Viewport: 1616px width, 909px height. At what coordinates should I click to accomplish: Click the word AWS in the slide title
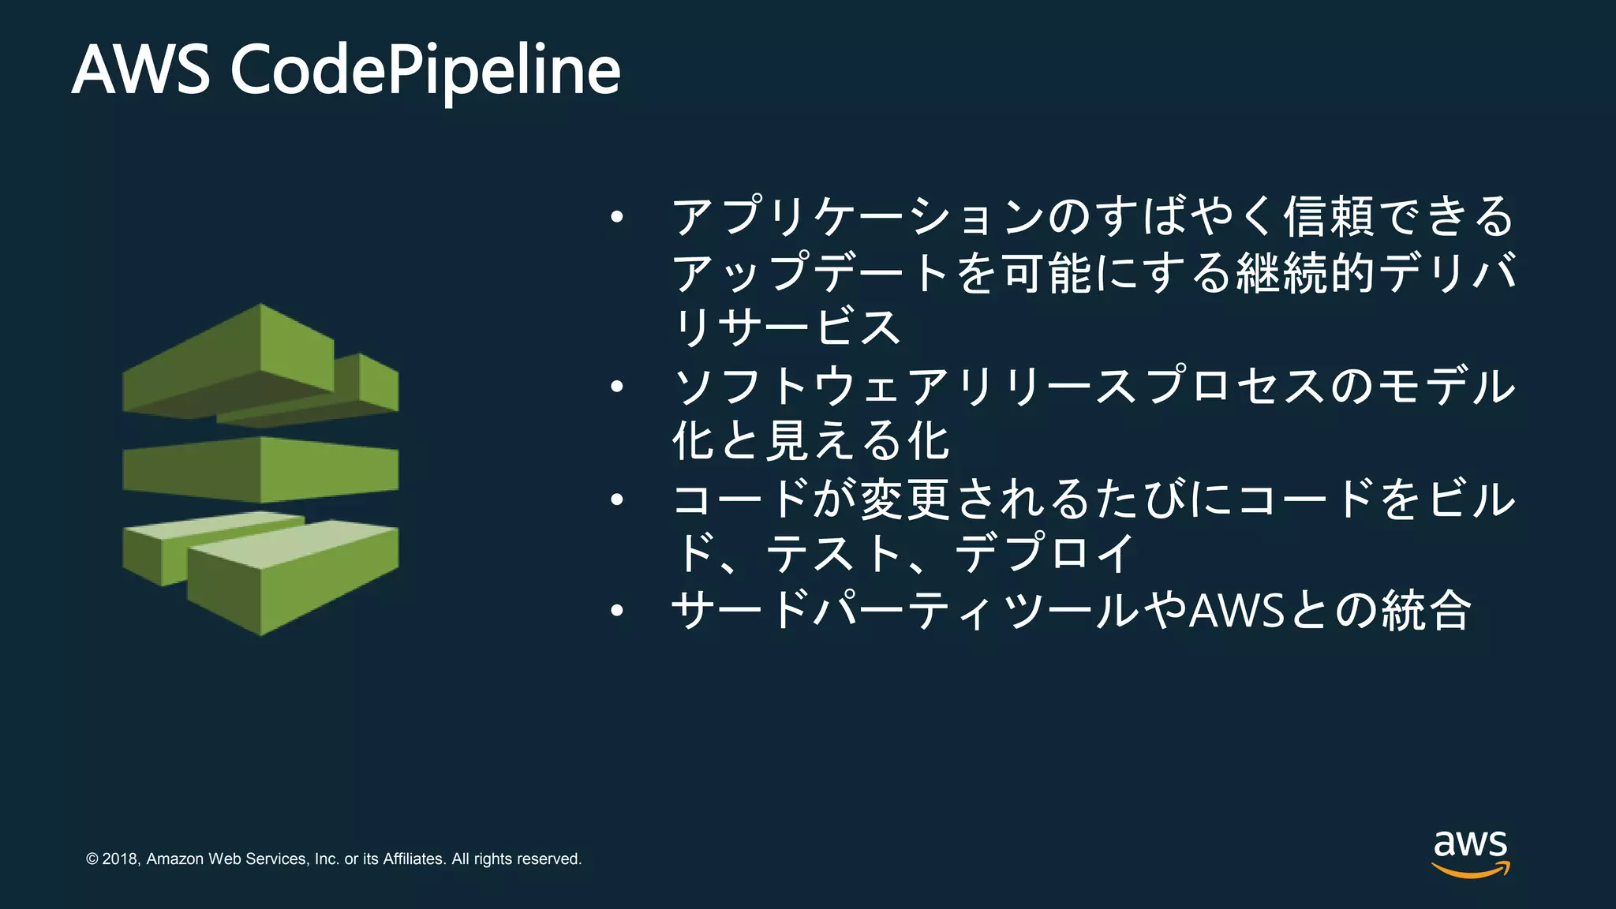tap(141, 70)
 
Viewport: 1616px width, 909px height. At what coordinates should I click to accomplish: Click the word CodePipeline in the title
tap(425, 70)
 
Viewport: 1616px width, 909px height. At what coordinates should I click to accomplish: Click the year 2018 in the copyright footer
tap(121, 858)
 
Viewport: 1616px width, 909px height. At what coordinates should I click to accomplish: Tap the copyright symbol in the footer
tap(92, 858)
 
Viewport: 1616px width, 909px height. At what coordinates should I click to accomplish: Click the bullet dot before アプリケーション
tap(617, 216)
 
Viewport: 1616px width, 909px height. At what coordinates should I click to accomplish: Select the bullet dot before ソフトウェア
tap(617, 387)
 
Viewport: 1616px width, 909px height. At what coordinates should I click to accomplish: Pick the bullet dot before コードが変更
tap(617, 499)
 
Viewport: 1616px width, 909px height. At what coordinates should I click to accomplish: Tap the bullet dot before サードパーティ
tap(617, 610)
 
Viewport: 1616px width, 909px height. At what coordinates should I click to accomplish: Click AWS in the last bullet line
tap(1236, 610)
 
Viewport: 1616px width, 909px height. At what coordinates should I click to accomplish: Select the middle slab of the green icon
tap(260, 469)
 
